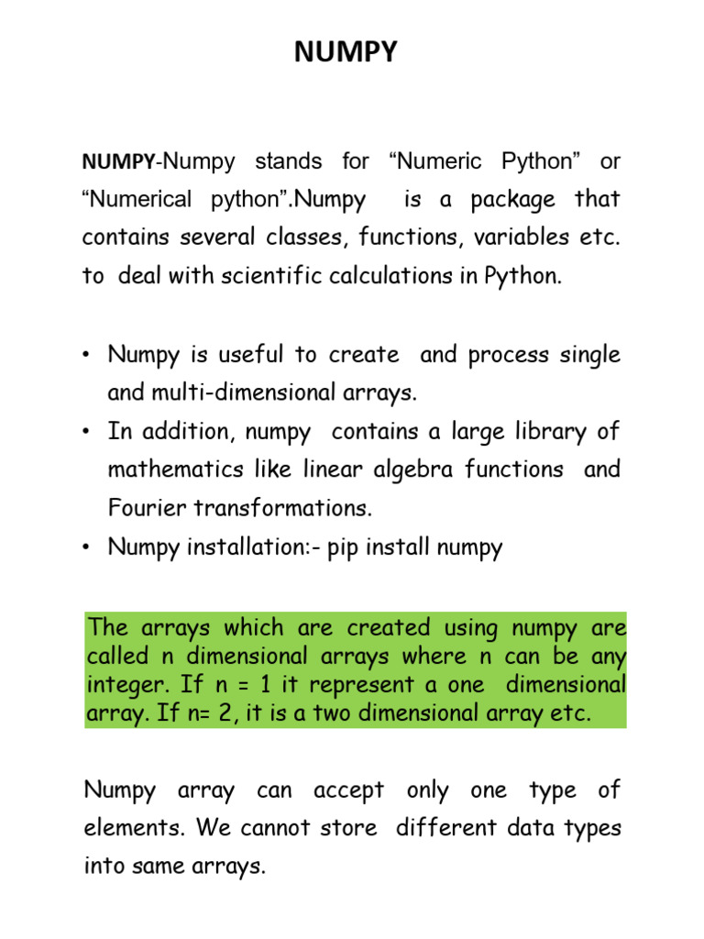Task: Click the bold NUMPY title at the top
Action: (x=346, y=53)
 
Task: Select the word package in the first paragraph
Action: (x=513, y=200)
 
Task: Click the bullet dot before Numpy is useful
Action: (x=89, y=356)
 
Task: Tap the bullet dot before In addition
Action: (x=89, y=432)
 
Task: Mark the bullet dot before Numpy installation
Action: (x=89, y=548)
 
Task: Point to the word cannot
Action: (x=273, y=828)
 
